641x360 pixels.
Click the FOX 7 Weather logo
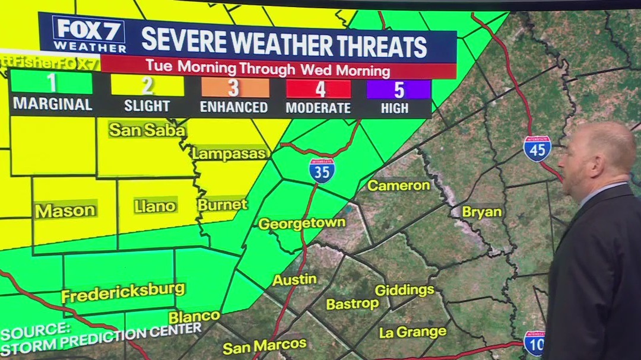pyautogui.click(x=89, y=33)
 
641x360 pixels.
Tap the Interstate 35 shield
pyautogui.click(x=322, y=170)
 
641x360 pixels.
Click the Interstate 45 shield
pyautogui.click(x=537, y=148)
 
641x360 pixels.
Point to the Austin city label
pyautogui.click(x=294, y=279)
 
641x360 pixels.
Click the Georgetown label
pyautogui.click(x=302, y=224)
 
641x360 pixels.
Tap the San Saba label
pyautogui.click(x=147, y=130)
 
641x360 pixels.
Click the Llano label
pyautogui.click(x=155, y=206)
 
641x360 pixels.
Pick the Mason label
pyautogui.click(x=65, y=211)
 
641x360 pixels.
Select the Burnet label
pyautogui.click(x=222, y=205)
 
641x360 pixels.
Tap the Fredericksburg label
pyautogui.click(x=123, y=292)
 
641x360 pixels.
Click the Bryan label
pyautogui.click(x=482, y=212)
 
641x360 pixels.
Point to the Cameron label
pyautogui.click(x=398, y=185)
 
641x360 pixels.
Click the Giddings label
pyautogui.click(x=404, y=290)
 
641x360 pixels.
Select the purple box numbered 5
pyautogui.click(x=399, y=90)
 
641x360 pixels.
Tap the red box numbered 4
pyautogui.click(x=319, y=90)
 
